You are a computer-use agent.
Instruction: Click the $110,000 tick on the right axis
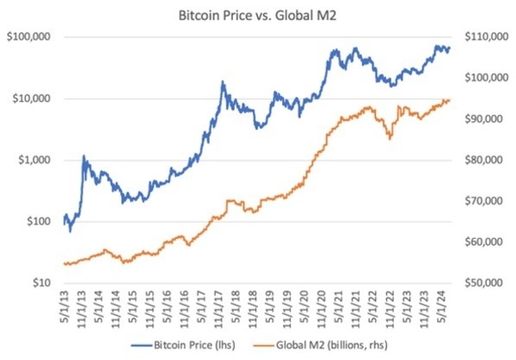485,37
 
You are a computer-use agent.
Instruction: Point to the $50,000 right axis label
485,283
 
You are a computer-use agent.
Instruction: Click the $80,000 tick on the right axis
485,160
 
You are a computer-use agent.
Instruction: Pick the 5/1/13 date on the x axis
66,306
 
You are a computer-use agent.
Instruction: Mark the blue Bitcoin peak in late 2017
223,82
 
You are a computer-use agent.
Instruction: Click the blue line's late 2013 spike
84,156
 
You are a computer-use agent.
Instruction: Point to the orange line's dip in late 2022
390,137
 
